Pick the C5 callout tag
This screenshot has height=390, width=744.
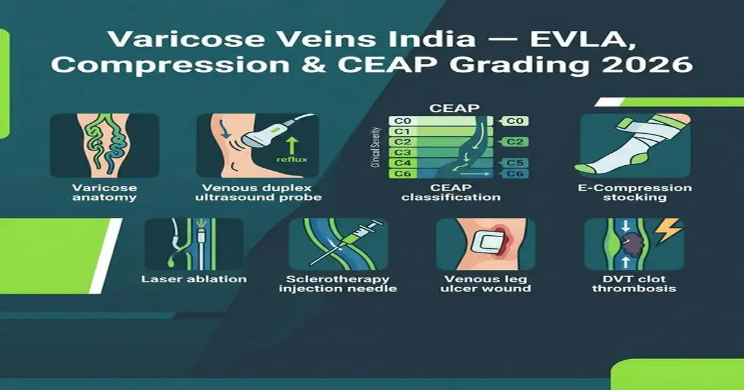coord(515,163)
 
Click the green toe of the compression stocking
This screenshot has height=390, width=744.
coord(585,167)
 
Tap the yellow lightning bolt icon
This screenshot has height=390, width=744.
coord(668,231)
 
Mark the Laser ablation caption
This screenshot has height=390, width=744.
coord(194,279)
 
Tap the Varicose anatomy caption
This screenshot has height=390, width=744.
coord(104,193)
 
